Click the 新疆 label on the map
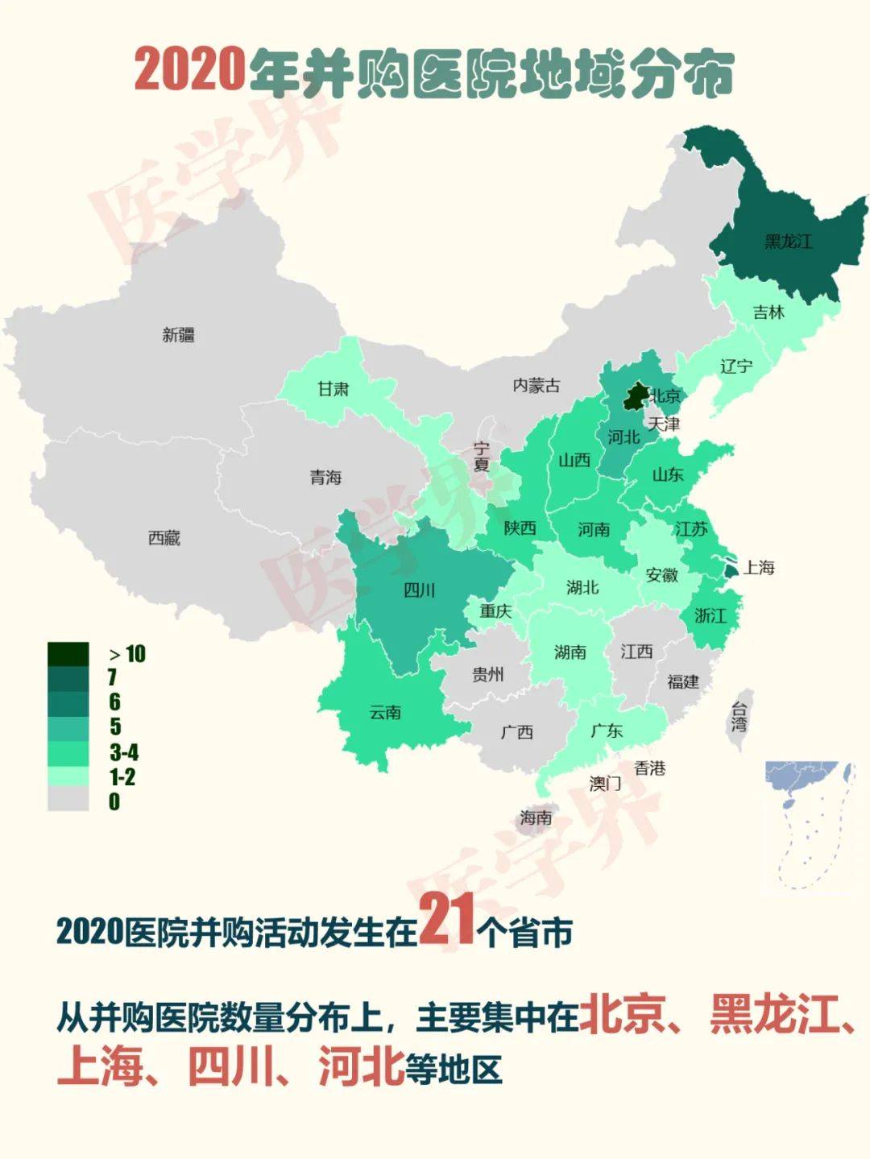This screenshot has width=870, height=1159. pos(178,334)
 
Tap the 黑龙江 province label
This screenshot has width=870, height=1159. pos(788,241)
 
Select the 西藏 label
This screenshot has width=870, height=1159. pos(164,537)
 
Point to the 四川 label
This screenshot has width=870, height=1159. pos(419,590)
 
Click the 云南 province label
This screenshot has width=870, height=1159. pos(385,712)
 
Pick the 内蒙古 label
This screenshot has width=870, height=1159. pos(536,386)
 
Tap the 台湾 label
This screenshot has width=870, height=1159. pos(739,716)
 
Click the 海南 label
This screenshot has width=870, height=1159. pos(536,818)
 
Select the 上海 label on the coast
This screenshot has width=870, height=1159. pos(758,568)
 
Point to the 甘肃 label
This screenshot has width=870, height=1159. pos(333,389)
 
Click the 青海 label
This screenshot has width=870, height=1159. pos(326,478)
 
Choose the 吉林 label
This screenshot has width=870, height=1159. pos(768,313)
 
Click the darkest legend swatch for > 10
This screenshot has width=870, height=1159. pos(68,654)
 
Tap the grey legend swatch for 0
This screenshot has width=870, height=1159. pos(68,799)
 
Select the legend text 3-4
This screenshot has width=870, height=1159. pos(124,752)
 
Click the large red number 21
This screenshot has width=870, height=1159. pos(447,920)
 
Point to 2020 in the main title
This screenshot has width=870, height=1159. pos(190,70)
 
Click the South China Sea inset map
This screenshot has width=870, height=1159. pos(808,826)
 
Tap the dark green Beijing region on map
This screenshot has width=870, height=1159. pos(636,397)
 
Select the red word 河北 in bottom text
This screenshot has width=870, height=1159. pos(361,1067)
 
